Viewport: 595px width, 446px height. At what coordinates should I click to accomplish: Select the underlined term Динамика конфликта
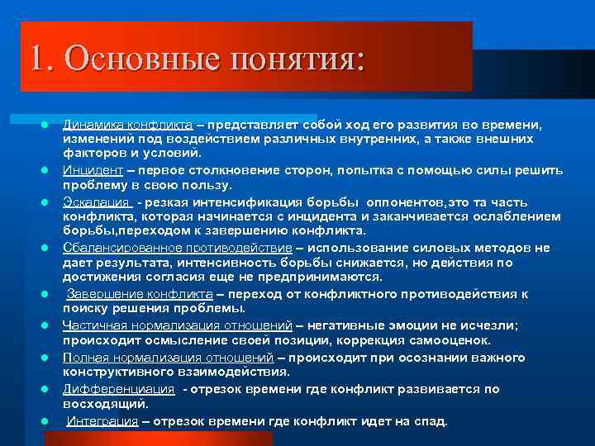[x=128, y=124]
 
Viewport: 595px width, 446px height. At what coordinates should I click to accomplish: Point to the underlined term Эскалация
[x=96, y=202]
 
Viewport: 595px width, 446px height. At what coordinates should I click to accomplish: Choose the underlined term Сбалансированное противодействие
[x=178, y=247]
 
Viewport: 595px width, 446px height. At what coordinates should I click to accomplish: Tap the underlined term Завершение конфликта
[x=139, y=293]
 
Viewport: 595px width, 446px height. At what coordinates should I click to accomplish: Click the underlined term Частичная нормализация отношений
[x=178, y=325]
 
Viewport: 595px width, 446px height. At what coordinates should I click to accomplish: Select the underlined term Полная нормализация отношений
[x=169, y=357]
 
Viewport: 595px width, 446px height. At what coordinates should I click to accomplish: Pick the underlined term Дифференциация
[x=119, y=389]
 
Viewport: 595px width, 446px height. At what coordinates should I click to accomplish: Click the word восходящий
[x=105, y=404]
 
